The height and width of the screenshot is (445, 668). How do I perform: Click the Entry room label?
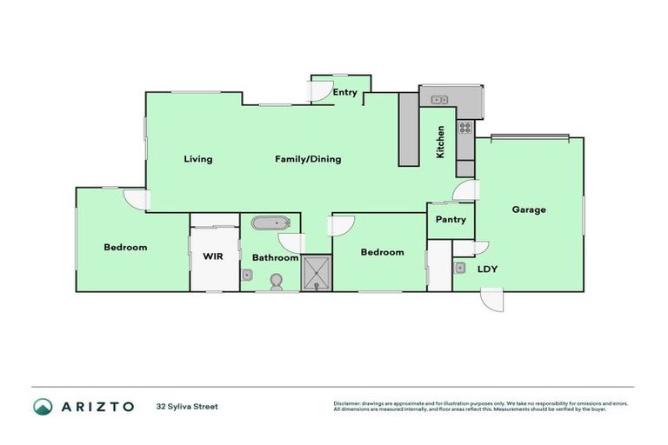click(344, 92)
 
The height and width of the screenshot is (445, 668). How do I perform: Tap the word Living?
click(198, 159)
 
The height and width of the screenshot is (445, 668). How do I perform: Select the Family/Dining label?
click(308, 159)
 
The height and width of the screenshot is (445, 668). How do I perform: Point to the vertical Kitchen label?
click(441, 142)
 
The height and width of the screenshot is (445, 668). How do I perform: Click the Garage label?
click(529, 209)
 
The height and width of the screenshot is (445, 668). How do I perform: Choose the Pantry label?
click(451, 220)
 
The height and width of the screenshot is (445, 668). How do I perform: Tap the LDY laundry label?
click(487, 269)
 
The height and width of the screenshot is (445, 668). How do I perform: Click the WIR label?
click(214, 256)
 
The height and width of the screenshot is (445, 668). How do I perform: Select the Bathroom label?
click(275, 257)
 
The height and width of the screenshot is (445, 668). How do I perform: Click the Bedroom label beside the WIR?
click(125, 247)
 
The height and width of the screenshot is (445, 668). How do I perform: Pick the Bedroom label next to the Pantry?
click(382, 252)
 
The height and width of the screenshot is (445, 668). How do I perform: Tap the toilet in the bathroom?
click(277, 282)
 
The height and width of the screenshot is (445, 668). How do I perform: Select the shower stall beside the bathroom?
click(317, 273)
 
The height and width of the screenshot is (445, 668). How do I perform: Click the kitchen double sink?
click(439, 100)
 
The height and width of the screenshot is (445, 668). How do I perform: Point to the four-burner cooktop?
click(465, 128)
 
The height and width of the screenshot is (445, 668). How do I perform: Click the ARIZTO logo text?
click(97, 406)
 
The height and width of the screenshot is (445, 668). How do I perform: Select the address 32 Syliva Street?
click(187, 406)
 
